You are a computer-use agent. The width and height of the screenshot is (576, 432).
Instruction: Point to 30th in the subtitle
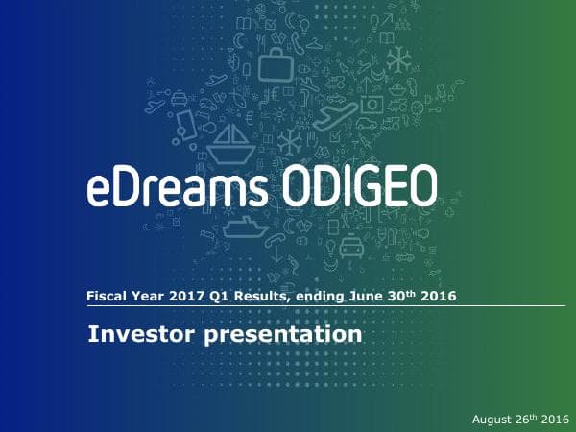coord(415,296)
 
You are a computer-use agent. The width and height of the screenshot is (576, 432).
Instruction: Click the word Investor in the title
coord(135,335)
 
